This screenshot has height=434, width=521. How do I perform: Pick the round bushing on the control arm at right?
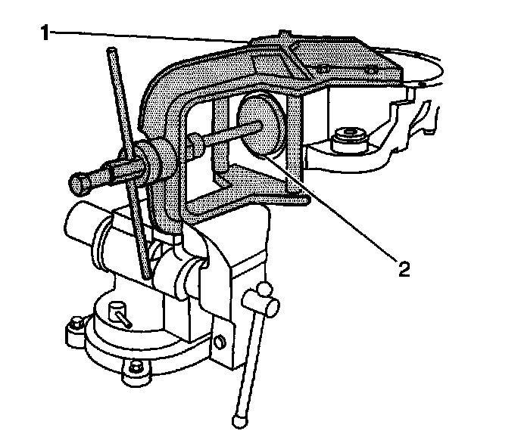[x=349, y=138]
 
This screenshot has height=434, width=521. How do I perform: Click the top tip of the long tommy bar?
[x=113, y=53]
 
